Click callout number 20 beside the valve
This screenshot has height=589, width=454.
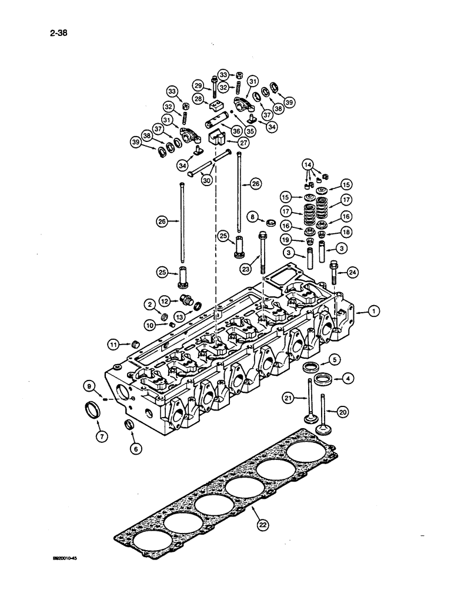tap(344, 412)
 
